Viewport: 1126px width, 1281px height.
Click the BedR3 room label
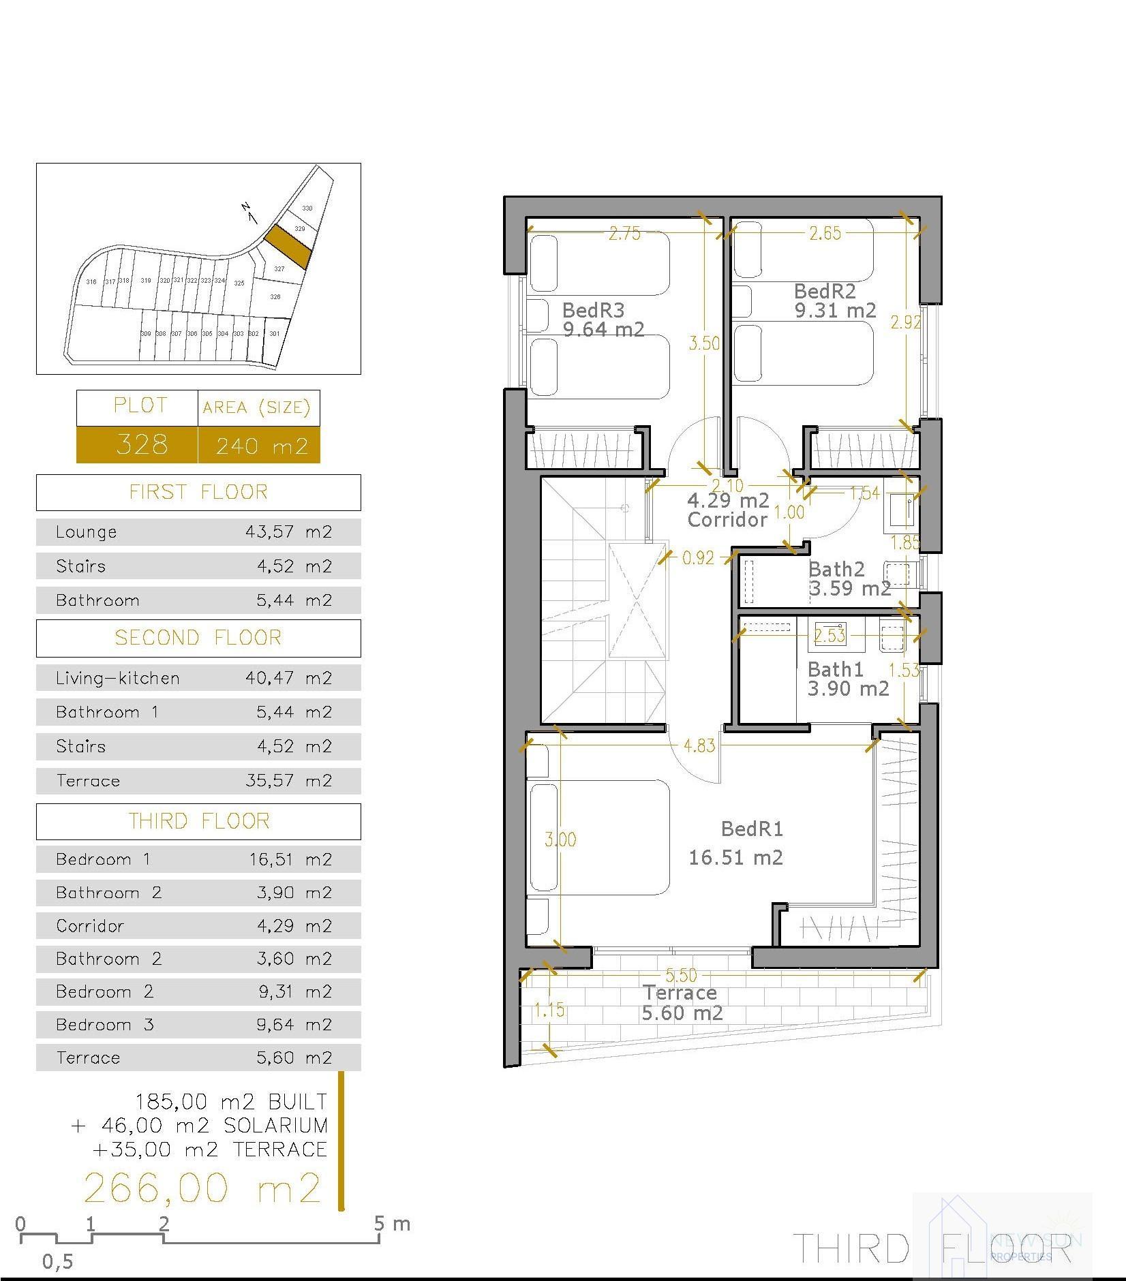click(x=593, y=310)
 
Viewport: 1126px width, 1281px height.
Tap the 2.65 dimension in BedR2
click(x=825, y=233)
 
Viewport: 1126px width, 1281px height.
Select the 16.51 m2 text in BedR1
click(x=735, y=857)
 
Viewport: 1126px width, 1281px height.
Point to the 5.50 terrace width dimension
click(x=681, y=976)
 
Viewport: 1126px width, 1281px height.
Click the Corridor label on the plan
click(x=727, y=520)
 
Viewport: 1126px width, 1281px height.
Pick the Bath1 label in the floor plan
click(x=835, y=668)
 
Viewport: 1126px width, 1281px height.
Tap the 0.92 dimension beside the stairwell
click(x=698, y=558)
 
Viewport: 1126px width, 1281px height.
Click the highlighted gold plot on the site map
click(x=288, y=245)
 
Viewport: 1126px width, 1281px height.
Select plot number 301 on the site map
click(x=274, y=334)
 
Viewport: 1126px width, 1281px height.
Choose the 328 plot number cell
click(x=141, y=445)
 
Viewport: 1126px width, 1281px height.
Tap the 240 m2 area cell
click(x=262, y=446)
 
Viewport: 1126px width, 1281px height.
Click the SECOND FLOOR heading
click(x=198, y=638)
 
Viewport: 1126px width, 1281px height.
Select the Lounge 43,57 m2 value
click(x=288, y=532)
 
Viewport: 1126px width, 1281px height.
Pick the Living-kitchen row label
click(x=118, y=679)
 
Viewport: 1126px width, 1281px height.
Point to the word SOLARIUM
click(x=276, y=1125)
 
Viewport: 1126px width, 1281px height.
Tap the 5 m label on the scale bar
click(x=392, y=1224)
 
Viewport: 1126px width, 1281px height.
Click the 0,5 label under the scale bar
click(x=57, y=1261)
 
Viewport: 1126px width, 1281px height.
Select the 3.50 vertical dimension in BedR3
click(x=704, y=343)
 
